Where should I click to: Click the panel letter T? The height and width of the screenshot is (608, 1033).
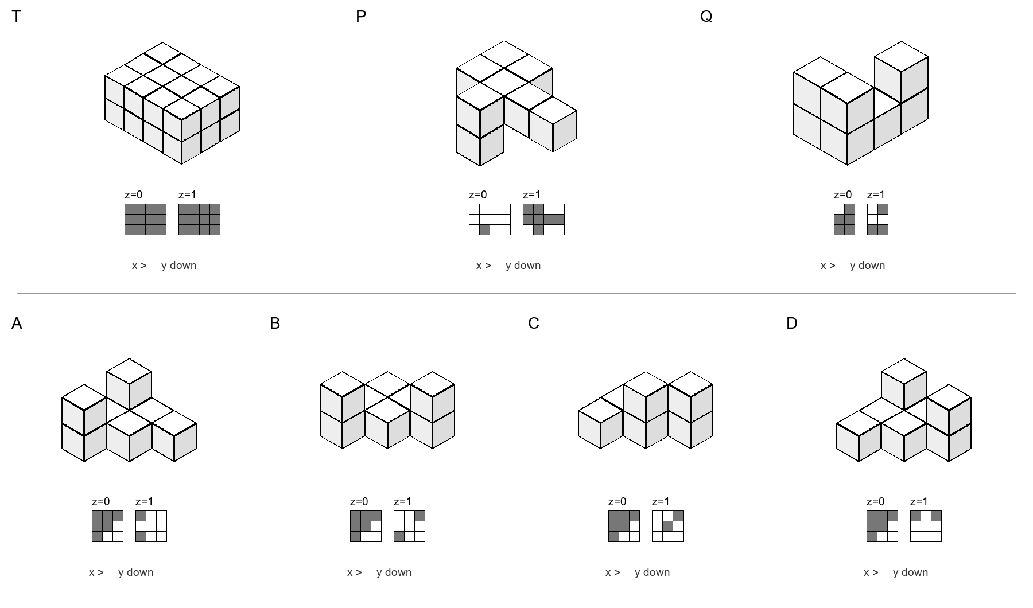click(16, 17)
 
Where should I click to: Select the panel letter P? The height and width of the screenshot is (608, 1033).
click(361, 17)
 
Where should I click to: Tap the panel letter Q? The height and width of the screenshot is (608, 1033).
click(706, 17)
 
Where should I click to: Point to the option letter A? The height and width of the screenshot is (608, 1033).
click(17, 324)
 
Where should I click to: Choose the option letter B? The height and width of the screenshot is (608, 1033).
click(275, 324)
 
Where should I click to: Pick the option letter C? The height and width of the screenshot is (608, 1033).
click(534, 324)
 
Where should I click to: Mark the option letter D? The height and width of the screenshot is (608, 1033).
click(792, 324)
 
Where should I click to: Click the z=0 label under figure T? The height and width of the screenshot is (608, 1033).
click(134, 195)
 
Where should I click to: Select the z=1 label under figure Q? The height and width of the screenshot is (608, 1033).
click(876, 195)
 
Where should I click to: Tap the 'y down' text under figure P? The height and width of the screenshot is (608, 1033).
click(523, 266)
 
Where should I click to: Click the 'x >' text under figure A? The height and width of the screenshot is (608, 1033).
click(96, 572)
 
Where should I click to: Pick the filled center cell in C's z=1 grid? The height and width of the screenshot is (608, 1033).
click(667, 526)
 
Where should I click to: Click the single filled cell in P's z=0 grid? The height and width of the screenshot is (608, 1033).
click(484, 229)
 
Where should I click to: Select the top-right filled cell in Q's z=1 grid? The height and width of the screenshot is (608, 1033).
click(883, 209)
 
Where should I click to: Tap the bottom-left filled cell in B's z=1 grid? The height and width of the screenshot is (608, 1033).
click(399, 536)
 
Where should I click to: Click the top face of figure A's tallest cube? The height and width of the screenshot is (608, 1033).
click(129, 372)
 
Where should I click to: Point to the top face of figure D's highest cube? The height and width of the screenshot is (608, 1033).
click(904, 372)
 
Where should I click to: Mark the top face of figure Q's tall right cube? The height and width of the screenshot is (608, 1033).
click(901, 57)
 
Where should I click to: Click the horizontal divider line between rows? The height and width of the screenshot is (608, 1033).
click(516, 293)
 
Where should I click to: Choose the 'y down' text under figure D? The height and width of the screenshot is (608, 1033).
click(911, 572)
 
